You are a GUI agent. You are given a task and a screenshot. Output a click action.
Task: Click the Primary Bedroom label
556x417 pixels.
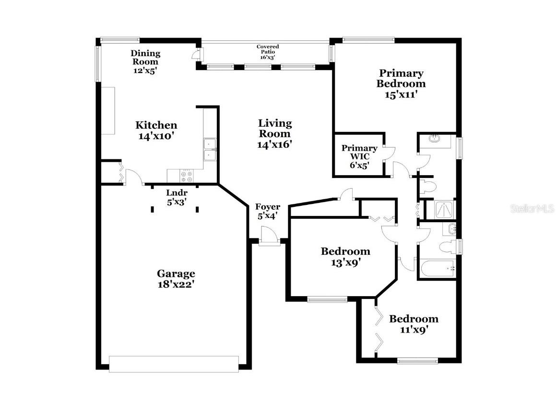coord(401,83)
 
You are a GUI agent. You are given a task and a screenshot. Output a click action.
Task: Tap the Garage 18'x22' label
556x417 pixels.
coord(176,278)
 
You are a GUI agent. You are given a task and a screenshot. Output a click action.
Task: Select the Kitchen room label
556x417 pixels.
coord(156,130)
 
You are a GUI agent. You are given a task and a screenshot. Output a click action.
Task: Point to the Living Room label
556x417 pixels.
coord(275,133)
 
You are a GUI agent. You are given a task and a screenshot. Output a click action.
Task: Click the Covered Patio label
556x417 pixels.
coord(268,52)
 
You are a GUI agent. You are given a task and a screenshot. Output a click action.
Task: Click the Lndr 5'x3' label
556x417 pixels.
coord(176,197)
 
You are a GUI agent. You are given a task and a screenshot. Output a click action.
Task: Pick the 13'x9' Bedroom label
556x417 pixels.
coord(345,256)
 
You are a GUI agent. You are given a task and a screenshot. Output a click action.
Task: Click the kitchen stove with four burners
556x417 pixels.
coord(186,176)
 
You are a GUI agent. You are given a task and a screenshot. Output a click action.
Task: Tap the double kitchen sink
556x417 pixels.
coord(210,150)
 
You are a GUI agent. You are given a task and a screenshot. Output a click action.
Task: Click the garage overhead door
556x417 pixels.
coord(174,364)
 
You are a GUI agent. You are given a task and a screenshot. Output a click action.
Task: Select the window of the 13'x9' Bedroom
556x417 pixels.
coord(327,300)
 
